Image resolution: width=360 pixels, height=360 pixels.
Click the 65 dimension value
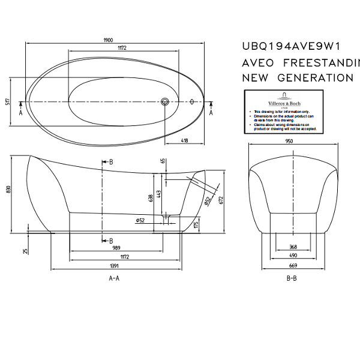click(x=163, y=161)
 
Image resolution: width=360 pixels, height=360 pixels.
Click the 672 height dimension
click(x=222, y=200)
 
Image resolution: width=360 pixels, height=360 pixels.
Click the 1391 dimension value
click(x=114, y=266)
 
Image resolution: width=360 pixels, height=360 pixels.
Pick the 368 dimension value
click(x=293, y=247)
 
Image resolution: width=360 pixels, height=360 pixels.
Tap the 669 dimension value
click(x=293, y=266)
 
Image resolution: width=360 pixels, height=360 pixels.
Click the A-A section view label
click(x=114, y=278)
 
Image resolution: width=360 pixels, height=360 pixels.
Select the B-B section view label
click(x=292, y=278)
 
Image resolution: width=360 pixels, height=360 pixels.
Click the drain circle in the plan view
click(x=166, y=102)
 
